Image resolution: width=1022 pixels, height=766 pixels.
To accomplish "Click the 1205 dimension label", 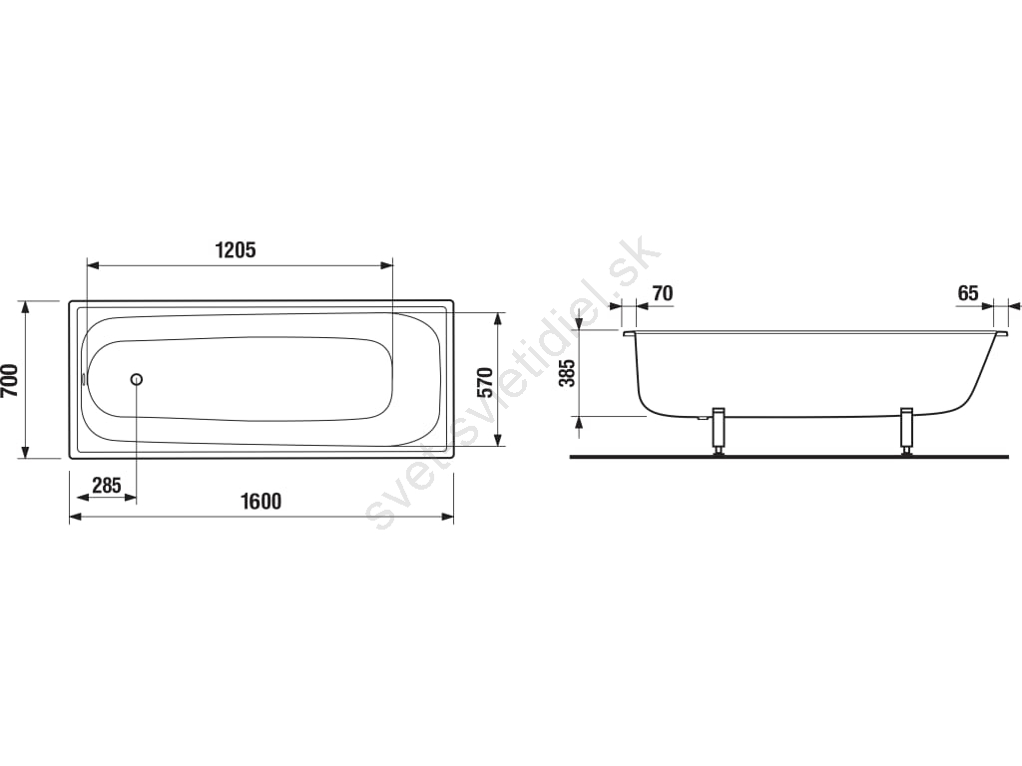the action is pos(236,249).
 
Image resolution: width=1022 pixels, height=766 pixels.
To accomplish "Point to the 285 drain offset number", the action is pos(106,486).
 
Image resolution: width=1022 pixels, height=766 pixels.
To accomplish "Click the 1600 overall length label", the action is pos(261,501).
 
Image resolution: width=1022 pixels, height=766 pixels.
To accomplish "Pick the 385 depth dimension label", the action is pos(568,373).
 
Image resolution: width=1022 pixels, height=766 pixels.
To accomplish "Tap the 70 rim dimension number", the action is pos(663,294).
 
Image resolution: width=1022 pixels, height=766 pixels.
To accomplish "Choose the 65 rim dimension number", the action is pos(968,294).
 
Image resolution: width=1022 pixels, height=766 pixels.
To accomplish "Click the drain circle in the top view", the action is pos(137,379).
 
